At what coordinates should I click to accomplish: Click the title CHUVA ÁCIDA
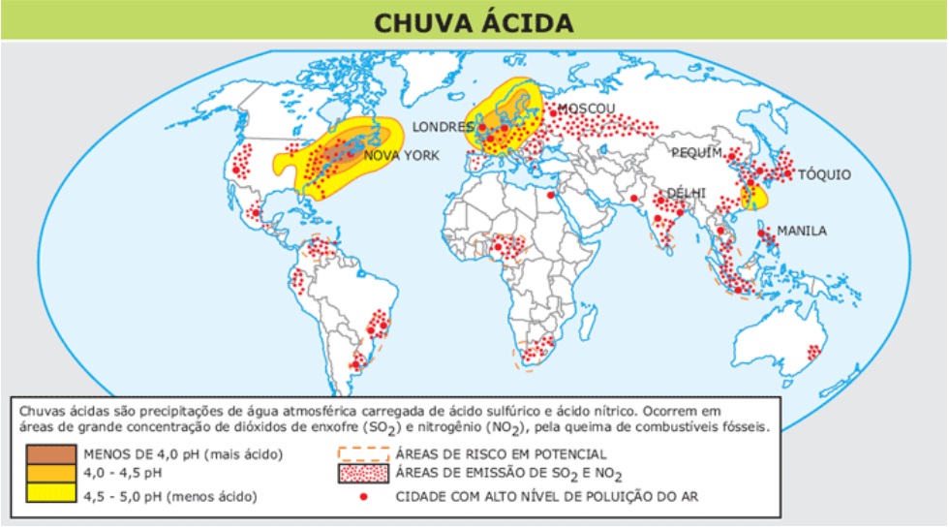pos(474,21)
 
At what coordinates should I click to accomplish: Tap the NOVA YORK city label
pos(401,155)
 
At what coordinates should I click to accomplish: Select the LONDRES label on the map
pos(443,127)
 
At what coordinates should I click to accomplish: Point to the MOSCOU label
pos(586,109)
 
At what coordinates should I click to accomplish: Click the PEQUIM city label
pos(697,153)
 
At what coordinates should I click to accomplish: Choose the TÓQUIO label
pos(824,174)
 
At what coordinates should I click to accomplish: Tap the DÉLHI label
pos(687,193)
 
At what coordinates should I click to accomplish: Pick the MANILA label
pos(802,231)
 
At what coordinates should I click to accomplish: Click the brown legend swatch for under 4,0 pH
pos(50,454)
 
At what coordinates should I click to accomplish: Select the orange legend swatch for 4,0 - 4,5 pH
pos(50,475)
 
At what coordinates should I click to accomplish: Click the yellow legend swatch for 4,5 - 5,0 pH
pos(50,496)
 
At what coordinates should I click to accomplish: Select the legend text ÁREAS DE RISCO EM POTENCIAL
pos(501,453)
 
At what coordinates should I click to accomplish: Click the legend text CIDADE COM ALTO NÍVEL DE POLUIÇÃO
pos(546,497)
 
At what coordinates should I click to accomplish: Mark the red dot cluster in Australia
pos(813,352)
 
